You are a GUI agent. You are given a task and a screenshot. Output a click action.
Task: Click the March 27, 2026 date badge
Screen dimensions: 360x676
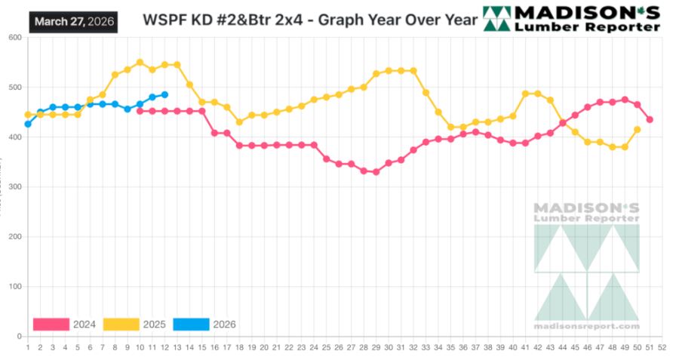[74, 21]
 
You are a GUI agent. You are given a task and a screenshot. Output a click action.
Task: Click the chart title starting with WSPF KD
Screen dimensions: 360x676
[310, 20]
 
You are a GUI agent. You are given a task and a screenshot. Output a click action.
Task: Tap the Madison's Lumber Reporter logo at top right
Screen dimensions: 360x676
[571, 19]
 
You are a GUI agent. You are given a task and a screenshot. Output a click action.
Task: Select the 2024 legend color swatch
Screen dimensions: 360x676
[51, 325]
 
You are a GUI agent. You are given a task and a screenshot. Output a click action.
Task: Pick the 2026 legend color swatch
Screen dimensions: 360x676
[191, 325]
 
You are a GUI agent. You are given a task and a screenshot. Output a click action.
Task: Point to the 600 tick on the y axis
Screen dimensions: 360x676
[14, 38]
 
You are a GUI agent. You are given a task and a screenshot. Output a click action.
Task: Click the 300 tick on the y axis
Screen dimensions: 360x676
[14, 187]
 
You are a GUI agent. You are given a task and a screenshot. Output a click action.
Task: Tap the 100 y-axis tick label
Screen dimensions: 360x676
[14, 287]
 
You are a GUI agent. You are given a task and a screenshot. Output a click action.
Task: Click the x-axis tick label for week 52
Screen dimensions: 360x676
[662, 348]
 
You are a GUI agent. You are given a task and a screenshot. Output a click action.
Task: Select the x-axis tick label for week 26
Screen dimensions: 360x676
[339, 348]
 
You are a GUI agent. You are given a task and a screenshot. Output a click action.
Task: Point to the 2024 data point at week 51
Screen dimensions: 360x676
[650, 119]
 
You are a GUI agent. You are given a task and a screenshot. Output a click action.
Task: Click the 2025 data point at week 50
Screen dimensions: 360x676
[638, 129]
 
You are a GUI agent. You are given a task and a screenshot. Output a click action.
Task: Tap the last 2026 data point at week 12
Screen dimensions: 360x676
[164, 94]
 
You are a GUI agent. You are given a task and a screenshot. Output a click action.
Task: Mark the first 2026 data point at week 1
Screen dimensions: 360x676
[28, 124]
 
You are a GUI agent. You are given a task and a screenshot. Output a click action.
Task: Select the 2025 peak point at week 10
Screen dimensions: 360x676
[140, 63]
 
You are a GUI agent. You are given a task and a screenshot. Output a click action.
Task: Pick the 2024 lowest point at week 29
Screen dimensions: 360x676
[376, 172]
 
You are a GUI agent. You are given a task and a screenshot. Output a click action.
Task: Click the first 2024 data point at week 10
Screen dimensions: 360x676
[140, 111]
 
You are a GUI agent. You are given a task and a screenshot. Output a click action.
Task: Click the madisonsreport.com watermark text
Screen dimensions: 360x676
[586, 326]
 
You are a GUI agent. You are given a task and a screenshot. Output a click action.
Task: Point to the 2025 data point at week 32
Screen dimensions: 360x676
[413, 71]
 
